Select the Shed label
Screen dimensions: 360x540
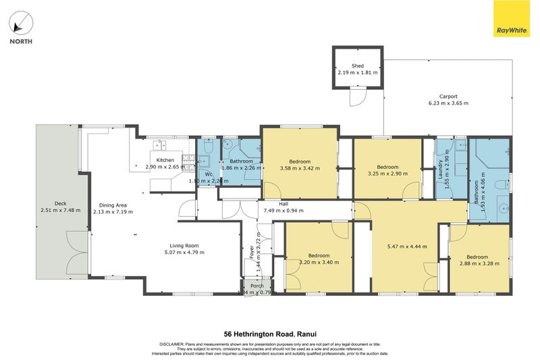coord(358,66)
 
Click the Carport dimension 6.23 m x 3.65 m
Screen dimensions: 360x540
coord(448,103)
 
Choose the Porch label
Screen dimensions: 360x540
coord(257,286)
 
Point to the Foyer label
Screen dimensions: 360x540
coord(252,251)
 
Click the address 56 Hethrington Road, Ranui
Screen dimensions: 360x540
coord(269,334)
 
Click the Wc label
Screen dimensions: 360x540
coord(209,174)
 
